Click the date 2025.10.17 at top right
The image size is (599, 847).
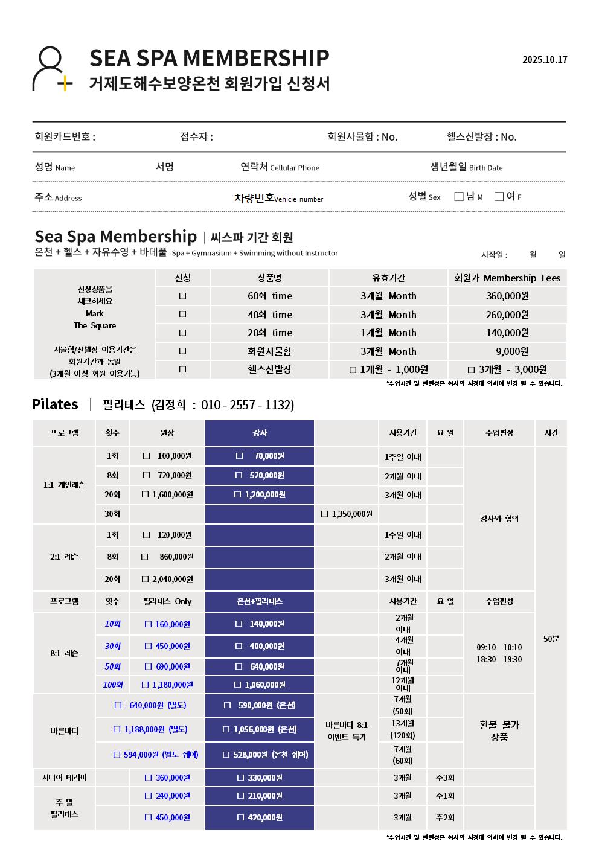545,60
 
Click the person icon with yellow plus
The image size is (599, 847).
51,69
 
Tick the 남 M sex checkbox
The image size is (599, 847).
459,196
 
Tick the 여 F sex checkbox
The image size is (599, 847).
499,196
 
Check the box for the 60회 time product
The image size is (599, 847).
183,296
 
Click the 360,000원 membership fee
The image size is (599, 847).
507,296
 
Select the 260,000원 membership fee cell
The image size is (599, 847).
507,315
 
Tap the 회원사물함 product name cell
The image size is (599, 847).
269,351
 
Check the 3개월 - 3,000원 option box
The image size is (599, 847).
472,370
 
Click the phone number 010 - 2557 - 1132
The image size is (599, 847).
247,404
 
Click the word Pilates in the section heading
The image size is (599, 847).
55,404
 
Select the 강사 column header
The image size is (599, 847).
260,433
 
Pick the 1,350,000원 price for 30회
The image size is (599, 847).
347,514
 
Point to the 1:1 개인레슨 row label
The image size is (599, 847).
64,485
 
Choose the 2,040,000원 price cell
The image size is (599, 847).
167,579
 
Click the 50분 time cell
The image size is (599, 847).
551,639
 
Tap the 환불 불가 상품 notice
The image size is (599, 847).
499,730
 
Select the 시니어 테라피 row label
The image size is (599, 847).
64,778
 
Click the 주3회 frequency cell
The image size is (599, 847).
445,778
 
